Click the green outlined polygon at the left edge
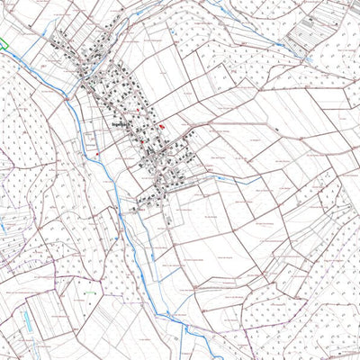coord(3,42)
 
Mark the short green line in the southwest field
coord(89,292)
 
